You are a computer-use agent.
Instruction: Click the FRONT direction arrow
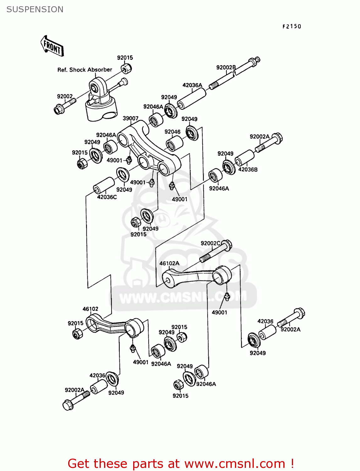pos(52,46)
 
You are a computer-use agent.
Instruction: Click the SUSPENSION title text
pos(35,9)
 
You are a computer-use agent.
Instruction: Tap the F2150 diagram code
pos(292,26)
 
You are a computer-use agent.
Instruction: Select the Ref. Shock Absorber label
pos(85,70)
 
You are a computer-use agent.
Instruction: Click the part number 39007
pos(130,118)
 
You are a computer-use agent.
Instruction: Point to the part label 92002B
pos(226,68)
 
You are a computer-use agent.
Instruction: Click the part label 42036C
pos(107,197)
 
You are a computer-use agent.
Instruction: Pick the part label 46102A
pos(169,263)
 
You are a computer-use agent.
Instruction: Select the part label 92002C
pos(210,243)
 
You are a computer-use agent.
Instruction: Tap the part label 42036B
pos(248,170)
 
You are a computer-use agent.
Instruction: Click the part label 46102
pos(90,309)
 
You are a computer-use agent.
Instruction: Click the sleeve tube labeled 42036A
pos(192,99)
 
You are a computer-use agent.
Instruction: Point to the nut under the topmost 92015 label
pos(126,68)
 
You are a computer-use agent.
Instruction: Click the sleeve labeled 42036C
pos(104,185)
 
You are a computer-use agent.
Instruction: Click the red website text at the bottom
pos(181,463)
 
